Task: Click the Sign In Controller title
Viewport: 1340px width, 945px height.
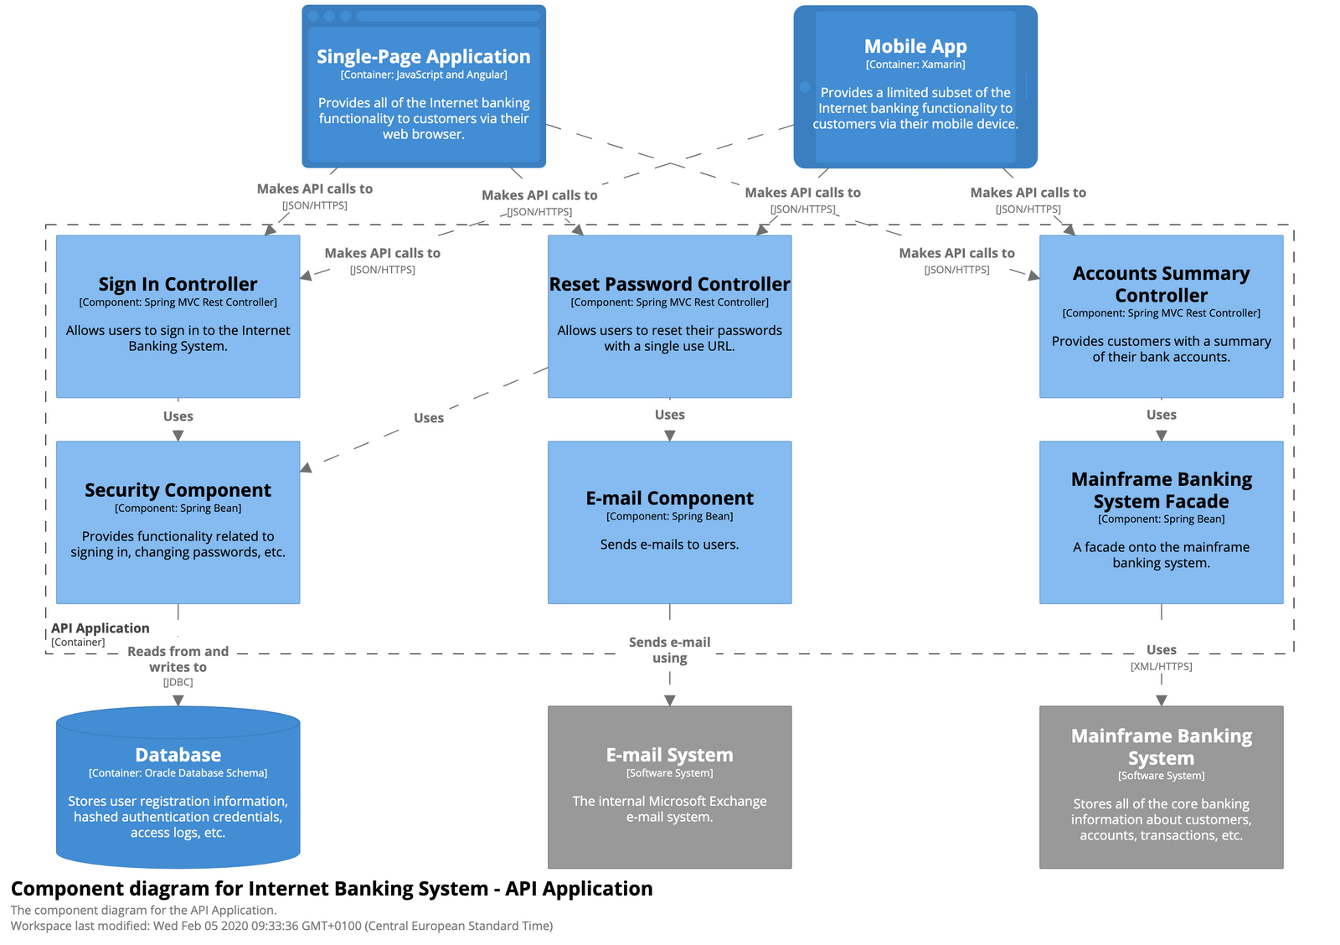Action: (x=178, y=284)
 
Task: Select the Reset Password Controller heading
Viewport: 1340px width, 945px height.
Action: (x=669, y=284)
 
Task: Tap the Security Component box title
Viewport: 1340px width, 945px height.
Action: (x=178, y=490)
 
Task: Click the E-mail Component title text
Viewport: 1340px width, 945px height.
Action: (x=669, y=498)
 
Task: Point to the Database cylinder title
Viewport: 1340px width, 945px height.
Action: (x=178, y=755)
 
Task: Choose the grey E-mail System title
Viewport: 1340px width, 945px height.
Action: (x=669, y=755)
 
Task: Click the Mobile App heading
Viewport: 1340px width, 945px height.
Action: (x=915, y=46)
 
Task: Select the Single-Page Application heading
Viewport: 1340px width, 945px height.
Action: (x=423, y=56)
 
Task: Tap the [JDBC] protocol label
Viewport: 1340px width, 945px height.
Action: (x=178, y=682)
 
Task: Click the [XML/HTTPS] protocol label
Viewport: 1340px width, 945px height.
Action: (x=1161, y=666)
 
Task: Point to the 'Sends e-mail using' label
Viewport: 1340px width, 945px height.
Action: (x=669, y=650)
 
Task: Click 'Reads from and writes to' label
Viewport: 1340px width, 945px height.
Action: (x=178, y=658)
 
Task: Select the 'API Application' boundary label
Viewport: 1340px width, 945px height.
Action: (x=100, y=628)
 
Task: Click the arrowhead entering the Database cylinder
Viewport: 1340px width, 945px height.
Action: (x=178, y=700)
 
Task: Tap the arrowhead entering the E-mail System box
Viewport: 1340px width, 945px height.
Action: (x=669, y=700)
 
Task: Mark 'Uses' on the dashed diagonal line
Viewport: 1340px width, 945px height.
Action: (x=428, y=418)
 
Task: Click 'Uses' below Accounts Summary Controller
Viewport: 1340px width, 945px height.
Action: (x=1161, y=415)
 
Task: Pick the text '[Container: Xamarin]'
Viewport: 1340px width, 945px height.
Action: (x=915, y=65)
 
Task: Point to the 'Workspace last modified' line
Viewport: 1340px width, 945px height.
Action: (x=281, y=926)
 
